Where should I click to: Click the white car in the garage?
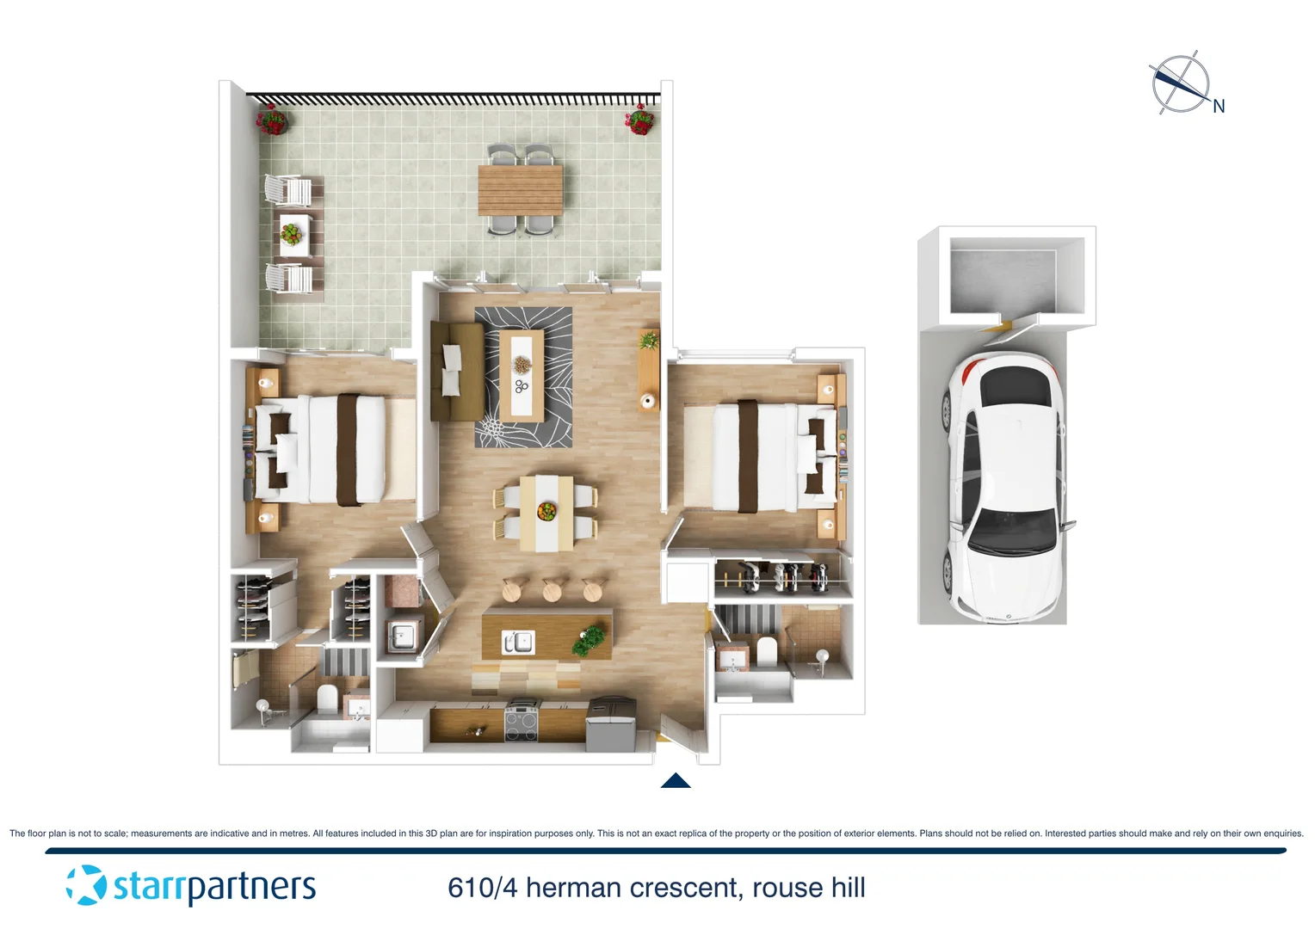point(1004,487)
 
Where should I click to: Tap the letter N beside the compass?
point(1219,107)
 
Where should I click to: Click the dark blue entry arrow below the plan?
point(676,780)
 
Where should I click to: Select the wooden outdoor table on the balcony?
point(520,190)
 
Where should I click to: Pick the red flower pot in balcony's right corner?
point(639,120)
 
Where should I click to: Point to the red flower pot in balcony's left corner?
point(271,120)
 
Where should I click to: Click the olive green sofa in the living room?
point(455,371)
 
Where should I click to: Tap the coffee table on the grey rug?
point(522,375)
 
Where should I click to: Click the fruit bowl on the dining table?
point(546,512)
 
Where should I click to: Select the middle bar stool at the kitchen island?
point(552,590)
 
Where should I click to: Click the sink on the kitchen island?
point(517,643)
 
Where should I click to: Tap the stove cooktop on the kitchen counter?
point(521,721)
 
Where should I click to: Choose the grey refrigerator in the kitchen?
point(611,722)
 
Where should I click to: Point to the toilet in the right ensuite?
point(767,651)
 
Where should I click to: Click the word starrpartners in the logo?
point(214,887)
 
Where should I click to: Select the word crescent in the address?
point(684,888)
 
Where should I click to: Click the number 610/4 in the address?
point(482,888)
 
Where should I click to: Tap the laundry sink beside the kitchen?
point(401,637)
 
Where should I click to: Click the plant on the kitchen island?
point(590,639)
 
